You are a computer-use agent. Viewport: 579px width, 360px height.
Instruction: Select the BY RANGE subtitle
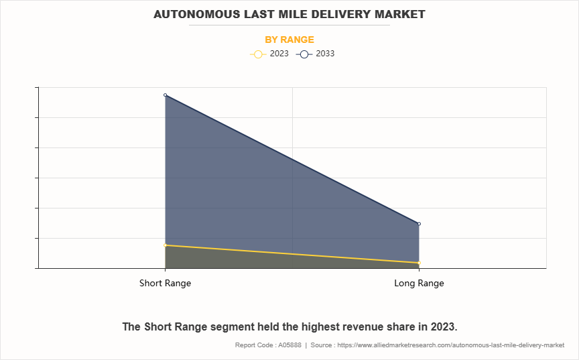(289, 40)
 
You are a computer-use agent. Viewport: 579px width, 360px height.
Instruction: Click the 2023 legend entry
(279, 54)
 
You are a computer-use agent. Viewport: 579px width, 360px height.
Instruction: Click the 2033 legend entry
(325, 54)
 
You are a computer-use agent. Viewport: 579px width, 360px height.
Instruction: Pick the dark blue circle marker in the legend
(304, 54)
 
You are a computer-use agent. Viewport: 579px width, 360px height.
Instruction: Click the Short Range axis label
(165, 283)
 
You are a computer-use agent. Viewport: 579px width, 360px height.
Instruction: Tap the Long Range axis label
(419, 283)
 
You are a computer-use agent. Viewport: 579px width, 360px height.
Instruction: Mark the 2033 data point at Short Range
(165, 95)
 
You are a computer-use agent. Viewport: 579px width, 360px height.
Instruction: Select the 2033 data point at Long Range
(419, 224)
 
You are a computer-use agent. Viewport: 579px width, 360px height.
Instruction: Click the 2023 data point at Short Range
(165, 245)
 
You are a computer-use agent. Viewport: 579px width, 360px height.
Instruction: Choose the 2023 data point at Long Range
(419, 263)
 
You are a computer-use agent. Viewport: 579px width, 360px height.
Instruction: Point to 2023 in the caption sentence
(442, 326)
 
